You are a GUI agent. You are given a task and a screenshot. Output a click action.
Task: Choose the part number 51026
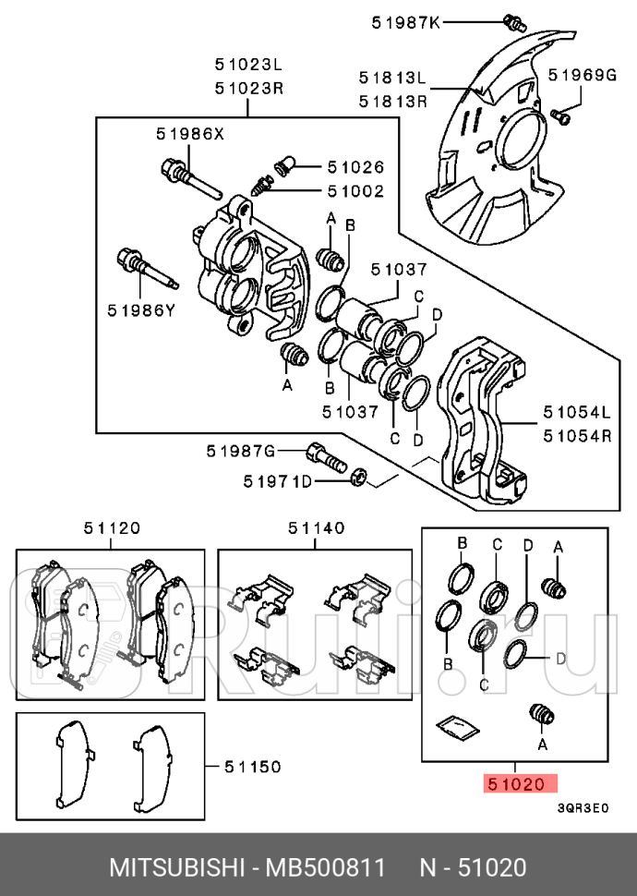355,167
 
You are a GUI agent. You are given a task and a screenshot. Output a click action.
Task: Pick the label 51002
355,191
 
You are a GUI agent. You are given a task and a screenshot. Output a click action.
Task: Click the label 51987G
241,451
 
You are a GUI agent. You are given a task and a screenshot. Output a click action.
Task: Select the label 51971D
278,480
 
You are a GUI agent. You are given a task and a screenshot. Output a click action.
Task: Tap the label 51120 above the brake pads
112,528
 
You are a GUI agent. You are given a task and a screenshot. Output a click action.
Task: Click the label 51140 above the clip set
316,528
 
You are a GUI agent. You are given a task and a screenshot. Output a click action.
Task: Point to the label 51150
253,767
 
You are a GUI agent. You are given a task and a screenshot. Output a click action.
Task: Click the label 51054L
577,411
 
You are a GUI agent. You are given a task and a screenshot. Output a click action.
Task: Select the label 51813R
393,101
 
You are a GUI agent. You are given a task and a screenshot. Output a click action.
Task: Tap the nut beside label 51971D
361,478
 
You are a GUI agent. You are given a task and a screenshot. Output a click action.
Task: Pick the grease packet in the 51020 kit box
454,727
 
